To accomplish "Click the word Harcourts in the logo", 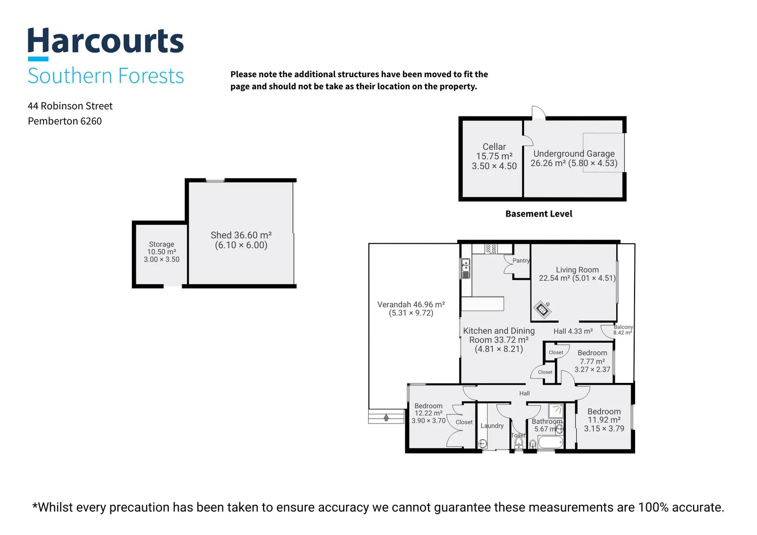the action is point(106,41).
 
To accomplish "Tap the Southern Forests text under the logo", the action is point(106,75).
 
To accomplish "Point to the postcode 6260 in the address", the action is point(91,121).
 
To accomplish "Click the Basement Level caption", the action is point(539,214).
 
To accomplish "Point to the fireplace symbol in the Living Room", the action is point(542,309).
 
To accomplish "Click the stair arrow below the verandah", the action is point(386,418).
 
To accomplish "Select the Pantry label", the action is point(521,261).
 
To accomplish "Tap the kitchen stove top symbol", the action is point(491,249).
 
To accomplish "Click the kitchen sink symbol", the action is point(466,266).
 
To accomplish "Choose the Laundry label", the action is point(492,426).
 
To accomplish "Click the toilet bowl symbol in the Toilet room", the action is point(519,442).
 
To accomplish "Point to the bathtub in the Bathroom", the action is point(550,442).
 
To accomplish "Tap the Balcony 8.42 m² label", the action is point(623,330).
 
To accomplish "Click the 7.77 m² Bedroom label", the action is point(593,361).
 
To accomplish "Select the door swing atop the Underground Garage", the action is point(539,112).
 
